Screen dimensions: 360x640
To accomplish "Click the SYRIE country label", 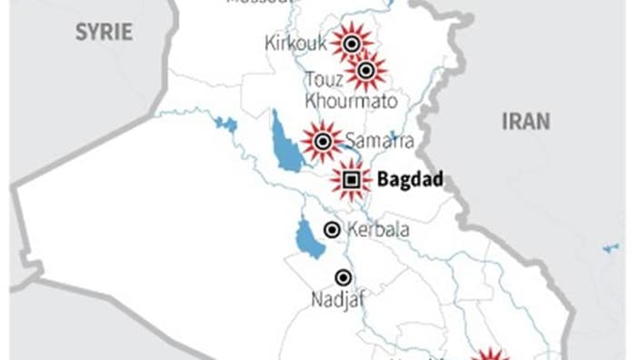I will [x=104, y=33].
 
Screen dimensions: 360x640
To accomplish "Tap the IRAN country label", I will [x=525, y=122].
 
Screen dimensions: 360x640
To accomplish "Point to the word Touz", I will [x=325, y=79].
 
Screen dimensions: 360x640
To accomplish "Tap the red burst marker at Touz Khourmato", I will [x=366, y=71].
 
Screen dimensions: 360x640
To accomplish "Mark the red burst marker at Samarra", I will [x=322, y=141].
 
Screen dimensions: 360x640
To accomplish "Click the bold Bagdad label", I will [x=409, y=180].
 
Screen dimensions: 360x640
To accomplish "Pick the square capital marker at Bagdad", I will [x=351, y=180].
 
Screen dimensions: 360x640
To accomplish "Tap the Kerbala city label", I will [x=378, y=230].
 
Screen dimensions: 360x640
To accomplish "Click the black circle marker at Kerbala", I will [x=332, y=230].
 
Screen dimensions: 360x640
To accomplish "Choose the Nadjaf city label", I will [x=341, y=299].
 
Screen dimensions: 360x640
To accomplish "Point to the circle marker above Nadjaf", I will [x=343, y=277].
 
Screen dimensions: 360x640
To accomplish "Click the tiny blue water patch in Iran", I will [x=610, y=247].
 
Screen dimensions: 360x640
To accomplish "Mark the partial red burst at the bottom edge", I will [x=490, y=354].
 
